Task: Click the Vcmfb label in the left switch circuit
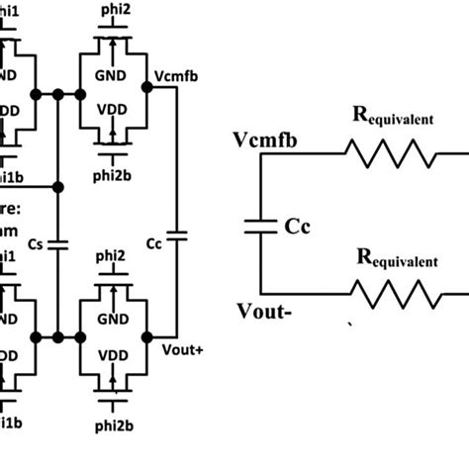click(176, 78)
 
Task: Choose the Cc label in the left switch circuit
click(152, 241)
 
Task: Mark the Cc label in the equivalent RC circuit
click(300, 226)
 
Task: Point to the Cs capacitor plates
click(60, 240)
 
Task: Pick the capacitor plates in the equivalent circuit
click(259, 226)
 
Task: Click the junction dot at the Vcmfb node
click(147, 87)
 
